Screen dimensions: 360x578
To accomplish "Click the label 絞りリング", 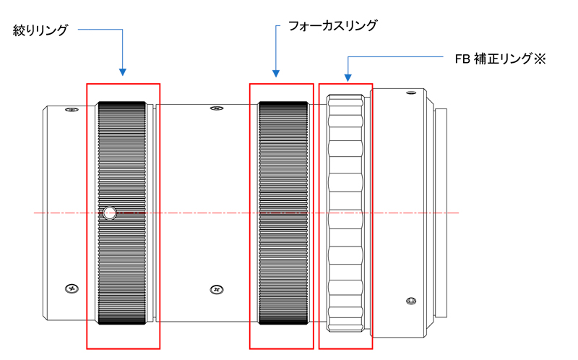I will (40, 30).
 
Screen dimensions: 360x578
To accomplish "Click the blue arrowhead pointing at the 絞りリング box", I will (123, 72).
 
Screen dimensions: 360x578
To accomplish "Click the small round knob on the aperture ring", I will (109, 213).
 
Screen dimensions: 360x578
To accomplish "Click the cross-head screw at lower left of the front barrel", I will (71, 288).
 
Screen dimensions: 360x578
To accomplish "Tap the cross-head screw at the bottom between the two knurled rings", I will (215, 289).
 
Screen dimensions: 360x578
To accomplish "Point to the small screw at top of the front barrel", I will (69, 110).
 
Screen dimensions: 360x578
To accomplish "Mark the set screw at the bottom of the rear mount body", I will (410, 300).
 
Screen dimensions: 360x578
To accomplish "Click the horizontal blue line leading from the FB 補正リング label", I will (394, 58).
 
